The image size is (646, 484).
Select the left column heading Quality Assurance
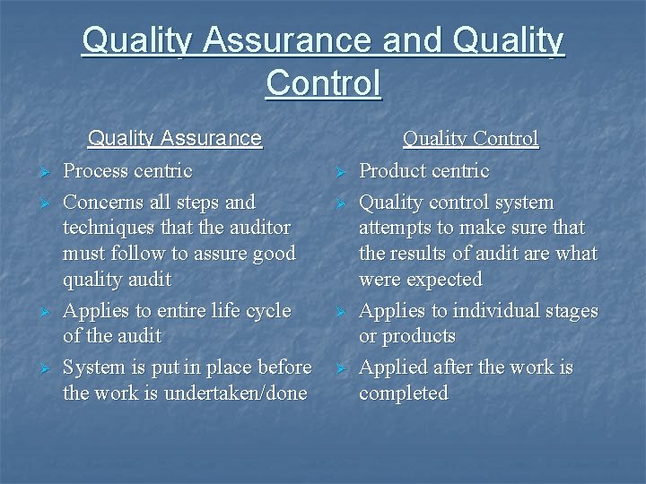(174, 138)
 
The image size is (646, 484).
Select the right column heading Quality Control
(470, 138)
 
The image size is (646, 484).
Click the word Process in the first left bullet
(96, 170)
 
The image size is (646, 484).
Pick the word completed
(403, 393)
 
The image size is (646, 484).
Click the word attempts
(398, 228)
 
